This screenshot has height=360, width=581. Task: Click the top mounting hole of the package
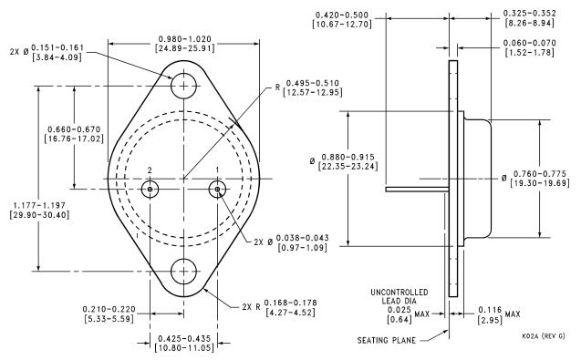pos(184,86)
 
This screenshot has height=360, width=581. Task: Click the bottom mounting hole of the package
pos(184,272)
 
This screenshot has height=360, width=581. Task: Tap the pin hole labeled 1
pos(218,189)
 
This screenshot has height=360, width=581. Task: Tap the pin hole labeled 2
pos(150,189)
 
